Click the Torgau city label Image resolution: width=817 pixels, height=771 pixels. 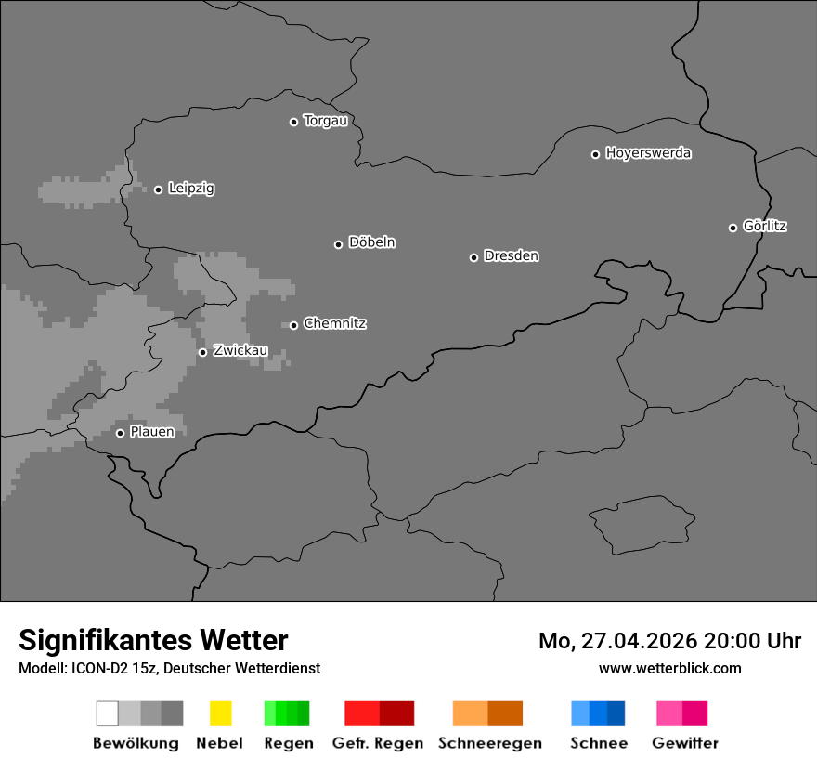pos(325,121)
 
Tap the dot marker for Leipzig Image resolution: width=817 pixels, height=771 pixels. pos(158,189)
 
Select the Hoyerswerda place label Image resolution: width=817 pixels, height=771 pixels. pos(648,153)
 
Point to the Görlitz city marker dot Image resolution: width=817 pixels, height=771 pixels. pos(733,228)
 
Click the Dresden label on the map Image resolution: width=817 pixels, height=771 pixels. pos(511,255)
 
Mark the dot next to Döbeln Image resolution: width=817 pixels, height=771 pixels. pos(338,244)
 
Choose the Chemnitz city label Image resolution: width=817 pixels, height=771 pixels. pos(334,323)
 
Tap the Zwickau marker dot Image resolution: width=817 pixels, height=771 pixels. pos(202,352)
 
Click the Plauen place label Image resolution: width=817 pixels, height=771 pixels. pos(151,432)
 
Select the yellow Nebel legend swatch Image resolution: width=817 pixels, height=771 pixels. pos(220,713)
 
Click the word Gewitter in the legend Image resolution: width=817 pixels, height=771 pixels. pos(685,743)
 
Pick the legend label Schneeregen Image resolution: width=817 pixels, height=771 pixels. pos(490,743)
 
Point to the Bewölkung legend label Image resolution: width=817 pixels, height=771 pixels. pos(136,743)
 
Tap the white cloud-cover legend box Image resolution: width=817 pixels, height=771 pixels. pos(107,713)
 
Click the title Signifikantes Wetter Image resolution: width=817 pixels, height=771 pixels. pos(153,640)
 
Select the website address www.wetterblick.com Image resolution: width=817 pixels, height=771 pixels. pos(669,668)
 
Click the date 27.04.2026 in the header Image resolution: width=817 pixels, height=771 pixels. pos(639,641)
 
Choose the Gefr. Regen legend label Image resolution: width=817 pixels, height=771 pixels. pos(377,743)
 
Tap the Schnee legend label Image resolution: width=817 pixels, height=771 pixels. pos(599,743)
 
